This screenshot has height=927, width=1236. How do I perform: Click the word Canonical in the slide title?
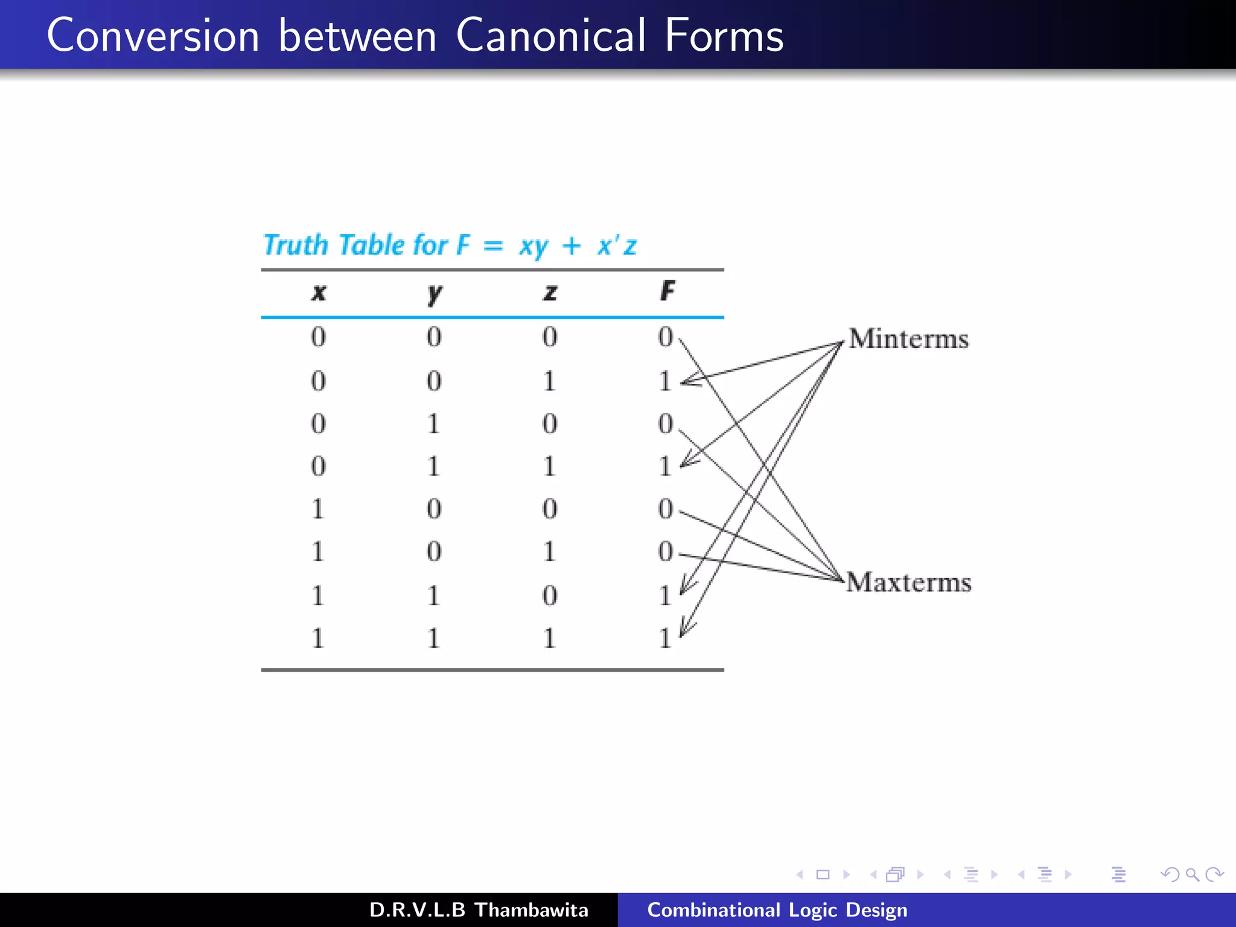click(x=550, y=36)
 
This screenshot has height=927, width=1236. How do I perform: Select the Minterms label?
click(x=908, y=339)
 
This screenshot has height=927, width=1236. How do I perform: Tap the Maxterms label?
click(x=909, y=582)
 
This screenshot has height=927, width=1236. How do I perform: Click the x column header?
click(x=319, y=292)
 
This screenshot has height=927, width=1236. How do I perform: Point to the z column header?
click(x=550, y=292)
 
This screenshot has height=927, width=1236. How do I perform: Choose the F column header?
click(x=667, y=291)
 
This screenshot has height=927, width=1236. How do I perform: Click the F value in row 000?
click(x=665, y=337)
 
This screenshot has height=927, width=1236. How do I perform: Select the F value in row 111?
click(x=665, y=638)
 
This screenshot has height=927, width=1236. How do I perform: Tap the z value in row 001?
click(x=549, y=381)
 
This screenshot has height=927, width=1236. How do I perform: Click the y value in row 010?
click(x=433, y=424)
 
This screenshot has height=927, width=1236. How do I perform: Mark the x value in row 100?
click(x=318, y=509)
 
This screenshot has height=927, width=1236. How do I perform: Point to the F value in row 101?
click(x=665, y=552)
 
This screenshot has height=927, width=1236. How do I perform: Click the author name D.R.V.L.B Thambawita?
click(x=479, y=909)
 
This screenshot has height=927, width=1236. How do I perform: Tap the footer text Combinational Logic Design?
click(x=777, y=909)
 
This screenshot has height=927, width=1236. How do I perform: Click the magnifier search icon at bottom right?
click(x=1192, y=874)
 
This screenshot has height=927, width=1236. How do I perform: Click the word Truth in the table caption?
click(x=296, y=245)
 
